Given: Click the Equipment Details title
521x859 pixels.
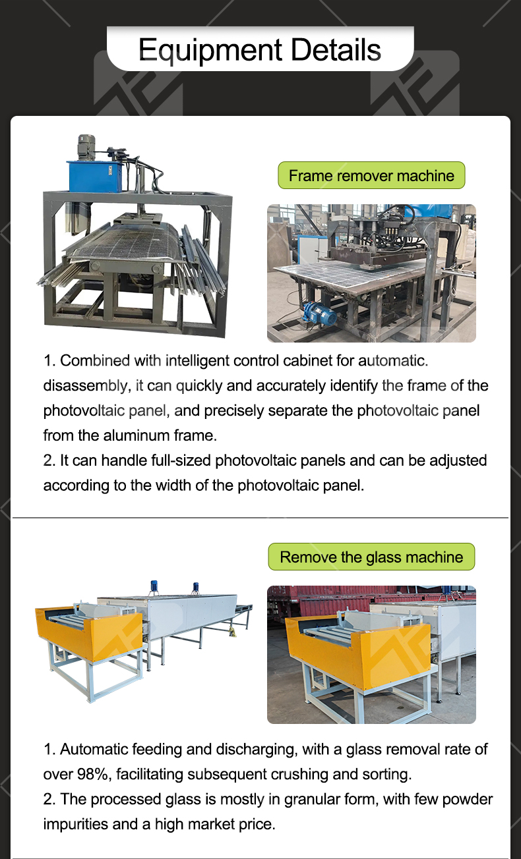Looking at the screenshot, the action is (x=260, y=50).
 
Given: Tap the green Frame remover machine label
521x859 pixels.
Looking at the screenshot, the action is (x=371, y=175).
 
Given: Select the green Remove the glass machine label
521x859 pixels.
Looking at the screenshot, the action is (x=371, y=557).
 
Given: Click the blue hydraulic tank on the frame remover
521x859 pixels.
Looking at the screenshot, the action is (x=95, y=176).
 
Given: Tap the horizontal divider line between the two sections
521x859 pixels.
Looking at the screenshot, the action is (x=260, y=517).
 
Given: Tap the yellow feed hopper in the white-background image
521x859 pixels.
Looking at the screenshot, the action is (x=88, y=633).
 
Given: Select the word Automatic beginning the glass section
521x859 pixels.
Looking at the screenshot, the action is (x=94, y=749).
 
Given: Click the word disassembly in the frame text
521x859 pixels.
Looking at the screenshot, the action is (x=85, y=386).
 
